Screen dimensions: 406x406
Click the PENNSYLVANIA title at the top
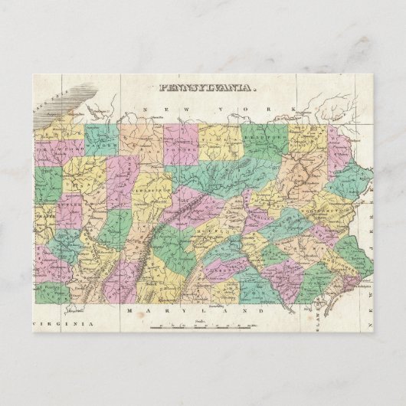pos(205,88)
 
